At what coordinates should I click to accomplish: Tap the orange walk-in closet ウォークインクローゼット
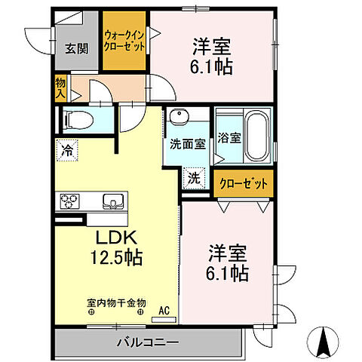tap(126, 40)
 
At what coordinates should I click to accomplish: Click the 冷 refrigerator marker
tap(67, 151)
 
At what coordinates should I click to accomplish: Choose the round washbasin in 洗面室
tap(179, 116)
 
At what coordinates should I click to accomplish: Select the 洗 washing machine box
tap(193, 179)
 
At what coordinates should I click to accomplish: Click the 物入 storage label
tap(60, 89)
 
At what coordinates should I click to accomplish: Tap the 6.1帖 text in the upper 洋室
tap(211, 66)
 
